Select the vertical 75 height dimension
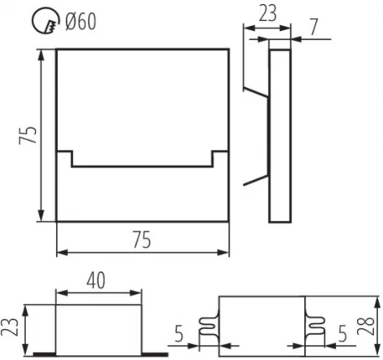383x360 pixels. coord(28,134)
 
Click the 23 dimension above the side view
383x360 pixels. coord(266,13)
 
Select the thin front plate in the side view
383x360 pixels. coord(280,134)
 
